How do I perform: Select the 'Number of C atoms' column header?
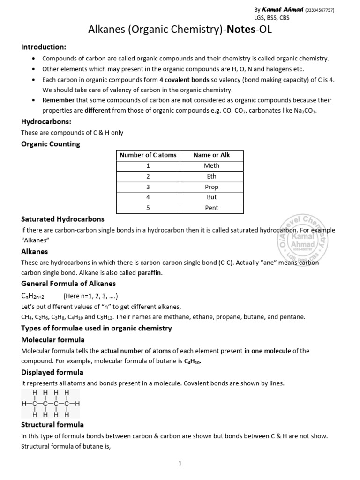[148, 155]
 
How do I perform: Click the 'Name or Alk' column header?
[211, 155]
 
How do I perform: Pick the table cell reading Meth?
[211, 166]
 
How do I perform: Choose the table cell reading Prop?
[211, 187]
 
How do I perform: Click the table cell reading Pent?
[211, 208]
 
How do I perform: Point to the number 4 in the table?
[148, 197]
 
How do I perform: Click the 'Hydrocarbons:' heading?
[46, 121]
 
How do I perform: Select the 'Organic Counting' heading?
[51, 144]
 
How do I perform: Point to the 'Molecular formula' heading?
[53, 339]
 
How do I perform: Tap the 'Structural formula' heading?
[52, 425]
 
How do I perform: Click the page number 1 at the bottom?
[180, 464]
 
